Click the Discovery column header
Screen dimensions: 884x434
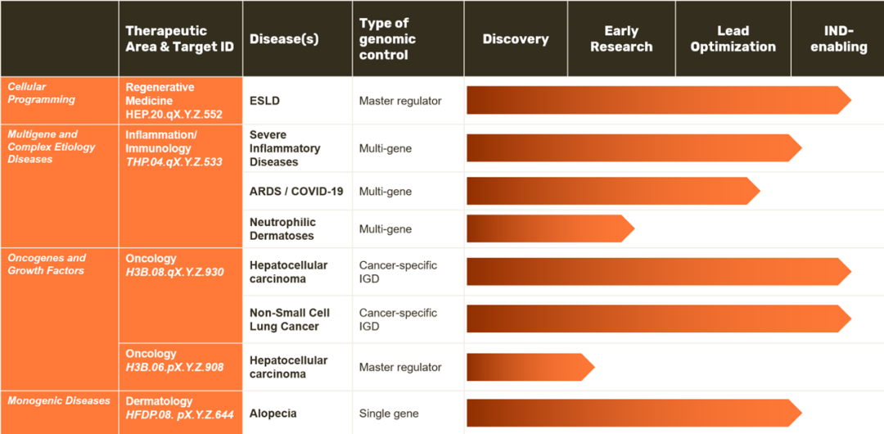pyautogui.click(x=516, y=39)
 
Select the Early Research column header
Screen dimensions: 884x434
pyautogui.click(x=621, y=39)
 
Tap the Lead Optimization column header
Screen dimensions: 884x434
pyautogui.click(x=733, y=39)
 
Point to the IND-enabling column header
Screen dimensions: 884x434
pyautogui.click(x=839, y=39)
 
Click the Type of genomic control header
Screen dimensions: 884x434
pyautogui.click(x=388, y=39)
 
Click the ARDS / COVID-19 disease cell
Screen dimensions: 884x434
pyautogui.click(x=296, y=192)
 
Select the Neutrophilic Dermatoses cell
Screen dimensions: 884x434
pyautogui.click(x=282, y=229)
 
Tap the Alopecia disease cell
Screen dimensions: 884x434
pyautogui.click(x=273, y=414)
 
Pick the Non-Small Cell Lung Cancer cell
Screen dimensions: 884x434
pyautogui.click(x=290, y=319)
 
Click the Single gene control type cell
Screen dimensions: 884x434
pyautogui.click(x=389, y=414)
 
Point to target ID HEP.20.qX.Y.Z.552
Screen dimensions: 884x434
pyautogui.click(x=174, y=114)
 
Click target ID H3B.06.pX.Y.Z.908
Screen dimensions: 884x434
pyautogui.click(x=175, y=367)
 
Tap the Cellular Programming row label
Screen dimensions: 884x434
pyautogui.click(x=41, y=93)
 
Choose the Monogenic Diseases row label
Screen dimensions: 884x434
pyautogui.click(x=59, y=400)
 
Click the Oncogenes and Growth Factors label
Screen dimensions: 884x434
pyautogui.click(x=46, y=264)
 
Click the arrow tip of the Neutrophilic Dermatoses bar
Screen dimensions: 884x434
pyautogui.click(x=634, y=228)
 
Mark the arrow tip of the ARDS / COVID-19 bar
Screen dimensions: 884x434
pyautogui.click(x=760, y=192)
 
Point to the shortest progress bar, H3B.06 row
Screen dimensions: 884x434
pyautogui.click(x=530, y=367)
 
